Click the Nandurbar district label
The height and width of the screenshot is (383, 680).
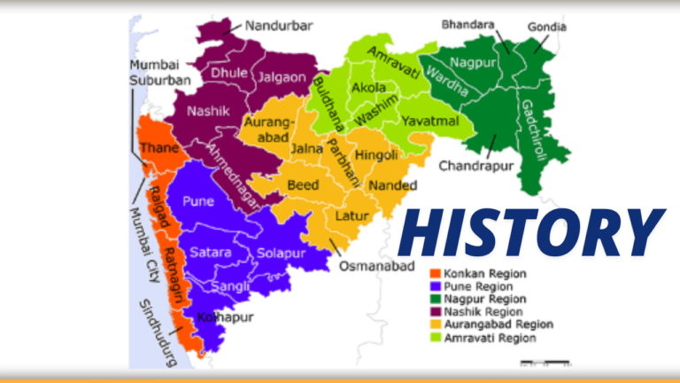(279, 26)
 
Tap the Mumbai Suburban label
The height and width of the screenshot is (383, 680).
(160, 73)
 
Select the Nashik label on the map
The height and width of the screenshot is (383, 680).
(208, 112)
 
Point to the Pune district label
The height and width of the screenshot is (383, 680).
(197, 201)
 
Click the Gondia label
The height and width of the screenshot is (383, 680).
(547, 27)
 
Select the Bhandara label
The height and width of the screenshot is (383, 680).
(469, 26)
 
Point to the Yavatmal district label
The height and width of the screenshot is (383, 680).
(429, 120)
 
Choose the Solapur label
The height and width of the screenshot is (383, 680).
(281, 254)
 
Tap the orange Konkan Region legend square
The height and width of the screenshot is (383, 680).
(434, 274)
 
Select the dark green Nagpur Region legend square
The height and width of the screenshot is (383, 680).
(434, 299)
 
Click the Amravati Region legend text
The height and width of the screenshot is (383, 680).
(490, 338)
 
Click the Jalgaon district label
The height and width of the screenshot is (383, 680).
(281, 78)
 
